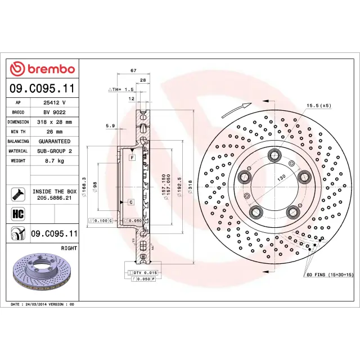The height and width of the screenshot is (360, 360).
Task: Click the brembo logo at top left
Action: point(43,69)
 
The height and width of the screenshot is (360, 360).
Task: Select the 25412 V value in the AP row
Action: point(55,102)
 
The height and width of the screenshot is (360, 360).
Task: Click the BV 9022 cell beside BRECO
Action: point(55,112)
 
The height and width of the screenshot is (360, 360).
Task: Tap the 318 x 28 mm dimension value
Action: point(55,121)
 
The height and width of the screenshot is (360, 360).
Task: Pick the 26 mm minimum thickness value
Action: point(55,132)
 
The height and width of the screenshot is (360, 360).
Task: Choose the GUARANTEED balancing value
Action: point(55,141)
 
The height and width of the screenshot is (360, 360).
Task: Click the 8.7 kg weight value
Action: point(55,161)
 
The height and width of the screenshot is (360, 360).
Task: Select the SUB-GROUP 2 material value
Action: point(55,151)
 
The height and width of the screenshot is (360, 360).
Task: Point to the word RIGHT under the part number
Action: point(69,247)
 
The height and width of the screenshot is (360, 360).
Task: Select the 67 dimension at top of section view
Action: point(133,70)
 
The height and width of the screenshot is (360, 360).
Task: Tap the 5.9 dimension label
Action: point(110,125)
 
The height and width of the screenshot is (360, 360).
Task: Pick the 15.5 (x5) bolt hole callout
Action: point(318,105)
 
